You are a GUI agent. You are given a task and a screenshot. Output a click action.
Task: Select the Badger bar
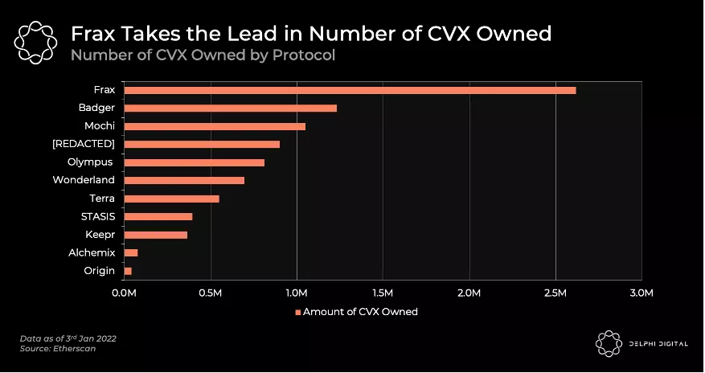pyautogui.click(x=230, y=108)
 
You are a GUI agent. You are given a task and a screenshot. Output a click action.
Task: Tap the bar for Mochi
pyautogui.click(x=215, y=126)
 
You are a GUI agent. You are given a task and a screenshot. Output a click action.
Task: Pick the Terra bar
pyautogui.click(x=171, y=199)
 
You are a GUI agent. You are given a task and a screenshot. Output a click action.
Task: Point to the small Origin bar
pyautogui.click(x=128, y=271)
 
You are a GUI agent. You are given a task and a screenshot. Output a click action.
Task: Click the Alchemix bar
pyautogui.click(x=131, y=252)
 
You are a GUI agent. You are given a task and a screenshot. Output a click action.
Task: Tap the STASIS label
pyautogui.click(x=97, y=216)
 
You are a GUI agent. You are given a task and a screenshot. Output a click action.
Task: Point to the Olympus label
pyautogui.click(x=90, y=162)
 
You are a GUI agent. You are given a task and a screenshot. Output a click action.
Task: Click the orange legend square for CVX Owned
pyautogui.click(x=297, y=312)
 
